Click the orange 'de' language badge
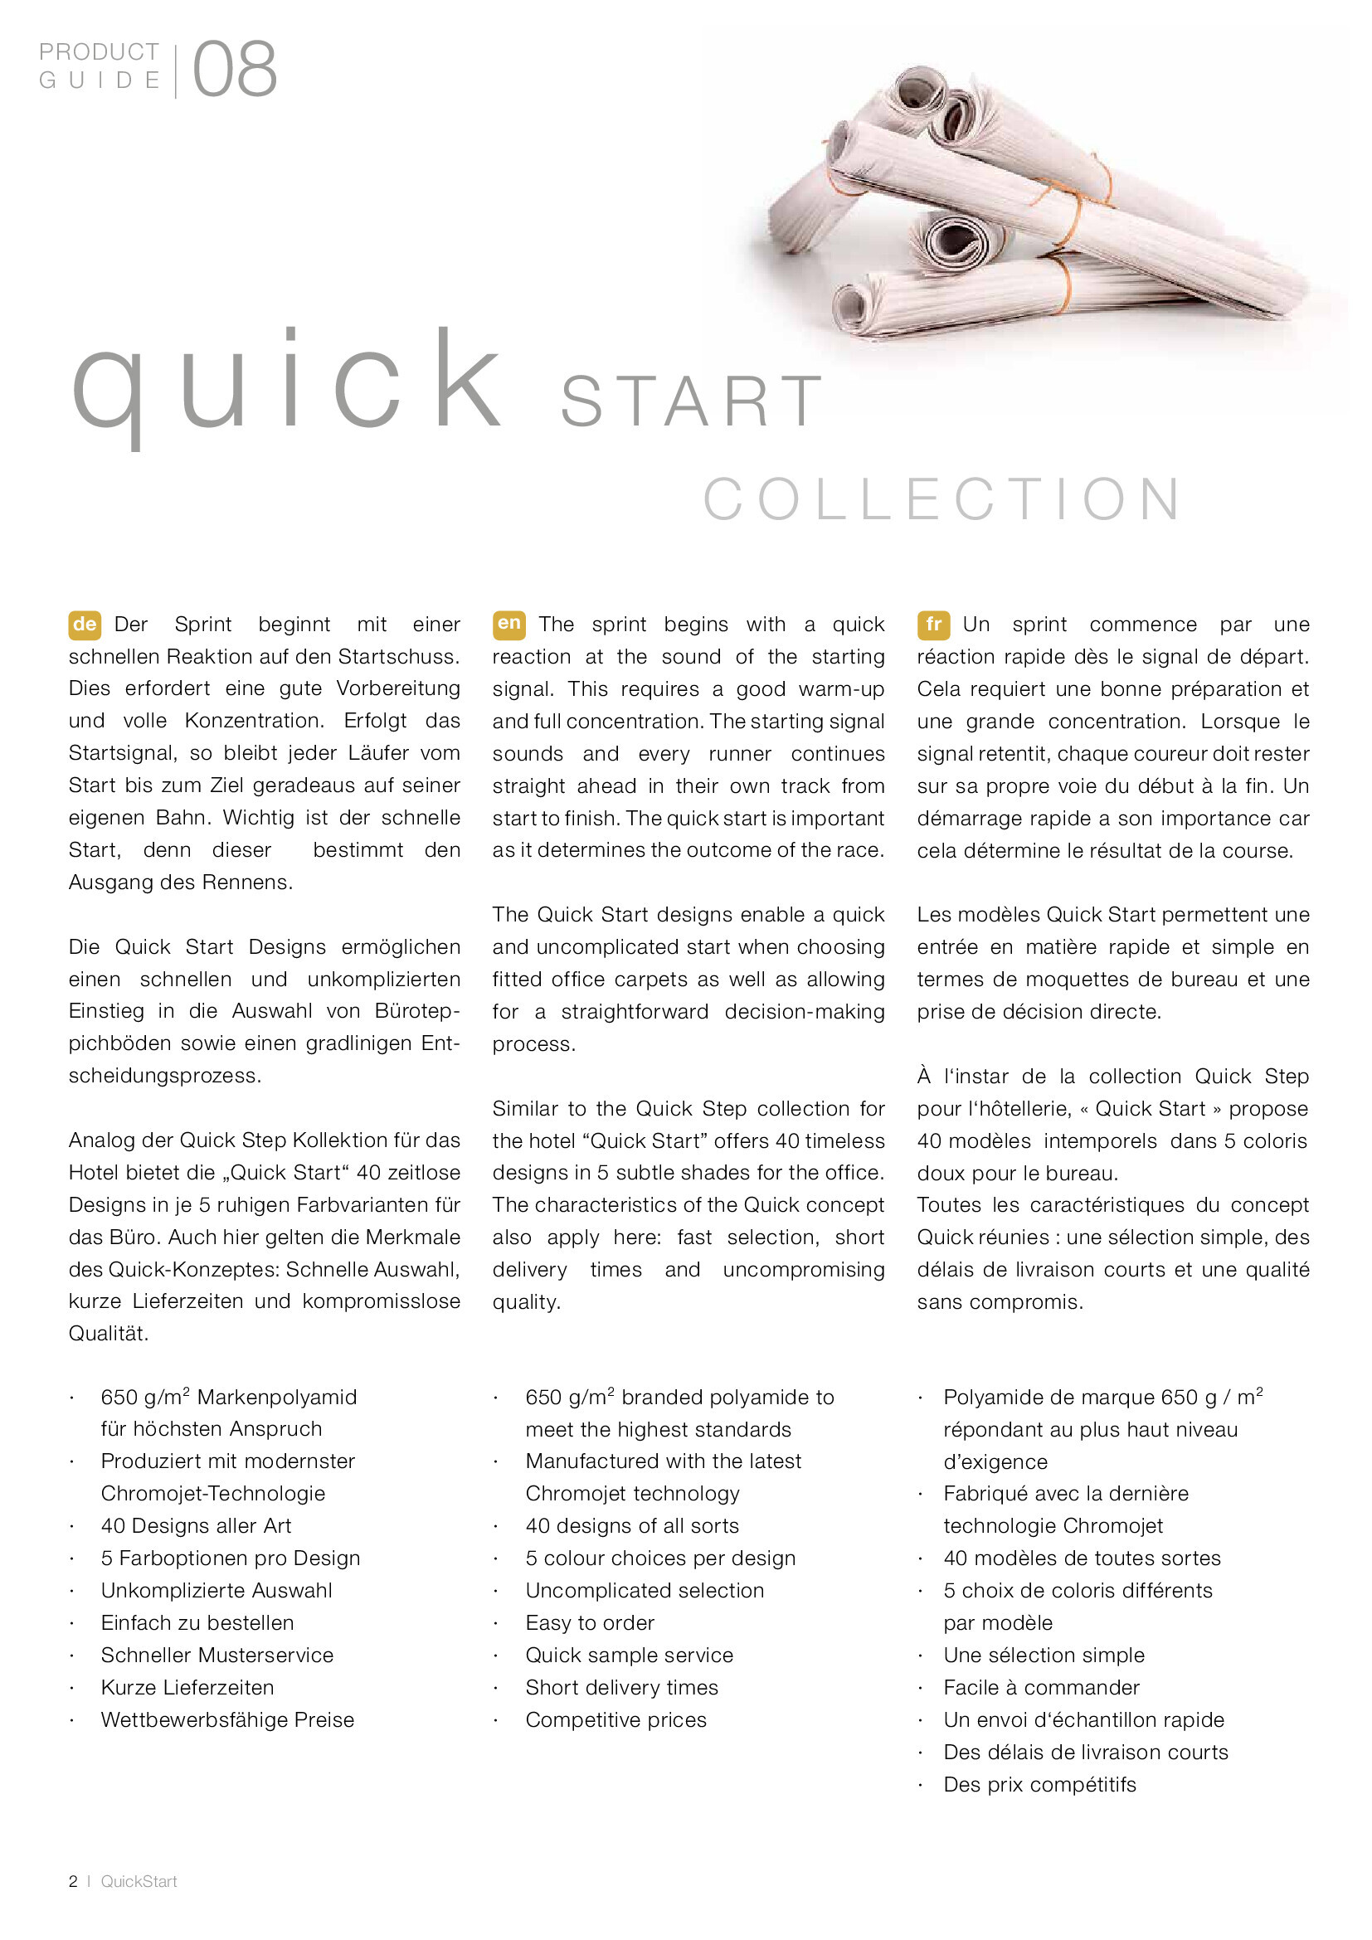coord(85,625)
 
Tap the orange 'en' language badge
coord(508,625)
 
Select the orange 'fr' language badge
coord(932,625)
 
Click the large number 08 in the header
coord(235,70)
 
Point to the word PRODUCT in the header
coord(99,52)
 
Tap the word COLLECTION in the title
coord(943,498)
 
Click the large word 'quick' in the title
coord(287,385)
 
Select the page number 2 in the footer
coord(74,1881)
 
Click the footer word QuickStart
coord(139,1881)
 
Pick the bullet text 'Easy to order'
coord(590,1622)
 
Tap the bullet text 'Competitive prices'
coord(615,1719)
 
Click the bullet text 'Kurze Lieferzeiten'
coord(187,1687)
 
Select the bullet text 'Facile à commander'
coord(1041,1687)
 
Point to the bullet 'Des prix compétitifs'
coord(1039,1785)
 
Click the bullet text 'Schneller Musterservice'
coord(217,1655)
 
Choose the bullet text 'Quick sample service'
coord(630,1655)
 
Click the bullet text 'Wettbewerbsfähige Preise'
coord(227,1719)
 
